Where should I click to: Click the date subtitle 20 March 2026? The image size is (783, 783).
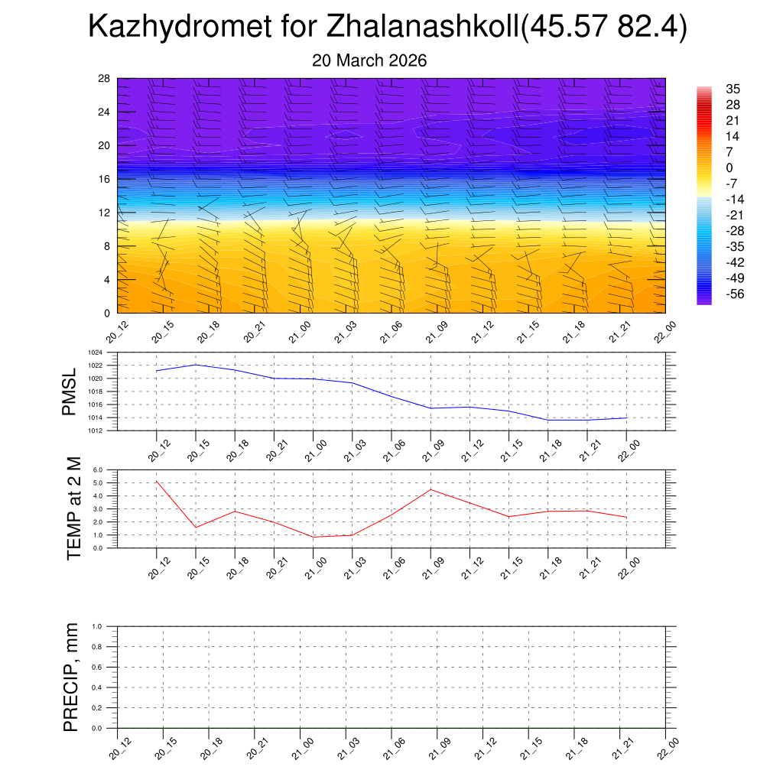click(369, 60)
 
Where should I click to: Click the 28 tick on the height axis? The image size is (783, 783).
click(105, 79)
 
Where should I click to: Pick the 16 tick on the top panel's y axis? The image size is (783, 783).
click(105, 179)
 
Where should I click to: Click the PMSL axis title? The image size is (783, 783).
click(70, 391)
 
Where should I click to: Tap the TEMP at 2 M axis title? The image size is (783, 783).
click(73, 508)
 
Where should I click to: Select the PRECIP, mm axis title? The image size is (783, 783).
click(71, 677)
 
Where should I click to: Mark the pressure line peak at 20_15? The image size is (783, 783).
click(196, 365)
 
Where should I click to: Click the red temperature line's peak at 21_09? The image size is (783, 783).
click(431, 489)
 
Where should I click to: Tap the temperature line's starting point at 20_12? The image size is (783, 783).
click(156, 481)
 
